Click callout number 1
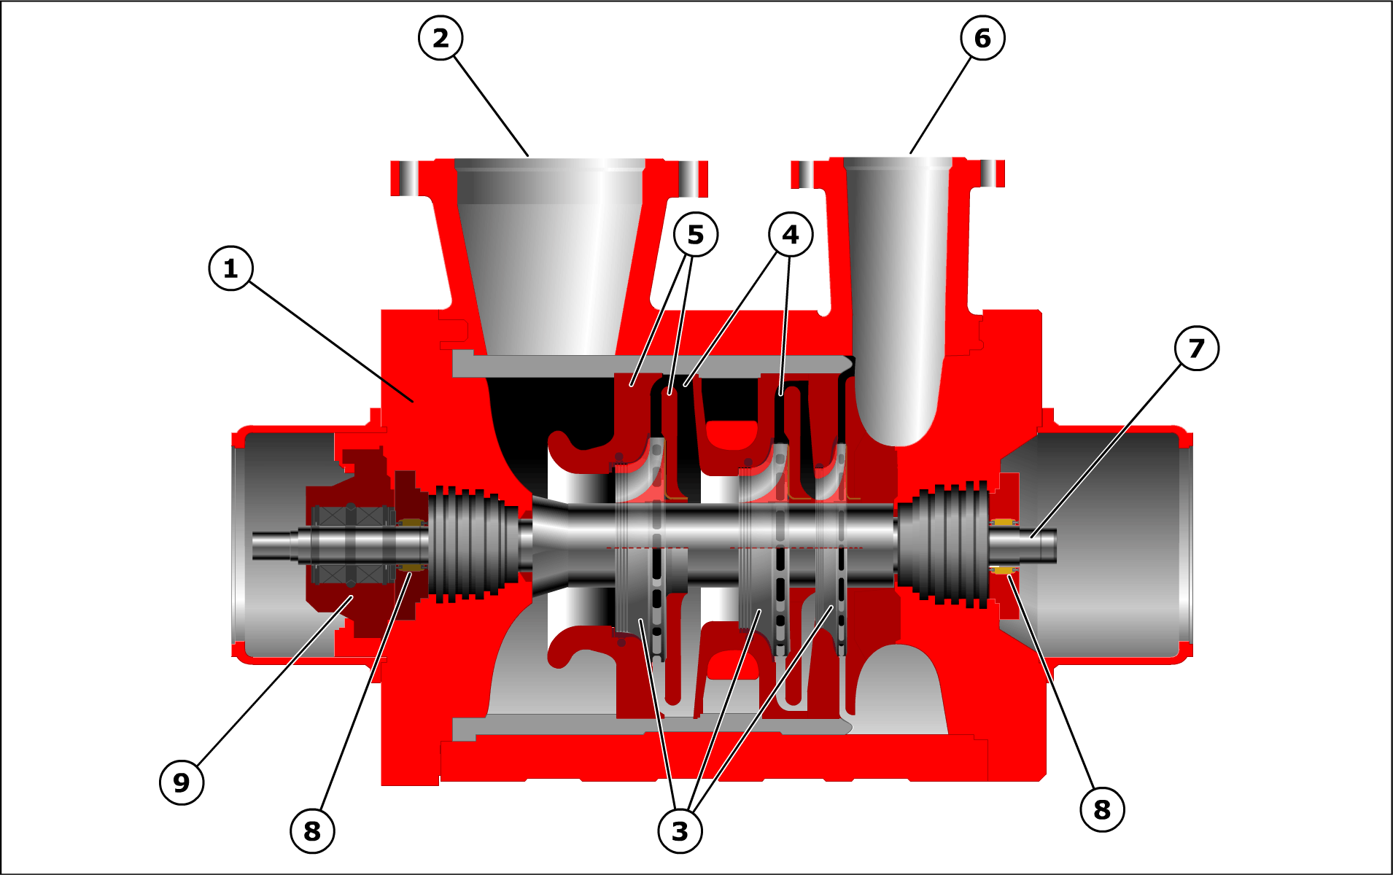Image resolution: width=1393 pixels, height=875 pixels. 231,268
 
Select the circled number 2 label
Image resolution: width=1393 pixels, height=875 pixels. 441,38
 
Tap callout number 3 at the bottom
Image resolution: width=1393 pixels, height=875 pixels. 680,831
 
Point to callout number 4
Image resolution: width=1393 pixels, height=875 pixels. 791,234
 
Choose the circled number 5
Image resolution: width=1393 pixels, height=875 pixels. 696,234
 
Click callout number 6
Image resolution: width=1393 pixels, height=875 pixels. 982,38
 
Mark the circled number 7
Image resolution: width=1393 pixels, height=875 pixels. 1197,349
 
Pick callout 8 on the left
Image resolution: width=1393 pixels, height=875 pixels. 312,831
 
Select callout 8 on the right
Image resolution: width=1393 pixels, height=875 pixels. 1102,809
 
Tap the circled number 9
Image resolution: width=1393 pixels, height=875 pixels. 182,782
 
